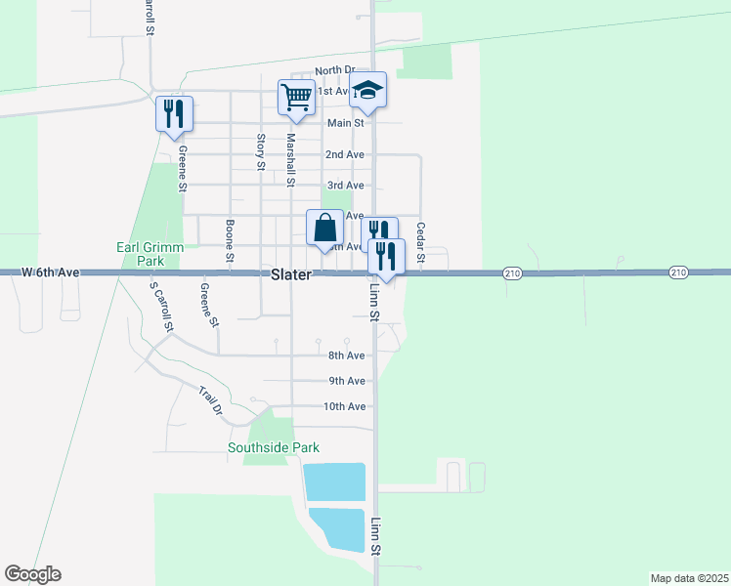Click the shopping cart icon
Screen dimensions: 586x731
tap(296, 96)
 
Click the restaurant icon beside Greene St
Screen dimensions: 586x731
tap(173, 112)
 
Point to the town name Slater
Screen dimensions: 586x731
tap(291, 275)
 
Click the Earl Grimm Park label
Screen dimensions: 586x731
tap(150, 255)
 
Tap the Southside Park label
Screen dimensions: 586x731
tap(274, 448)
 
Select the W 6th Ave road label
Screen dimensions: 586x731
tap(49, 272)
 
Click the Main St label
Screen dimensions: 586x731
tap(346, 123)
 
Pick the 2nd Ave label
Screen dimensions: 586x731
tap(345, 154)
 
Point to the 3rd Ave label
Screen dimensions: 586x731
tap(345, 186)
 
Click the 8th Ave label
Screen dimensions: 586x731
tap(346, 356)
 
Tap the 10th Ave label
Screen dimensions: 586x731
tap(345, 406)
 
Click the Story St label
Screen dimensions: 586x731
tap(260, 152)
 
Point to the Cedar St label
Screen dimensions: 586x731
tap(420, 242)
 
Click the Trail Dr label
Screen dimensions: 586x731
tap(211, 401)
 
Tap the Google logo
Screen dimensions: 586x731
tap(32, 574)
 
